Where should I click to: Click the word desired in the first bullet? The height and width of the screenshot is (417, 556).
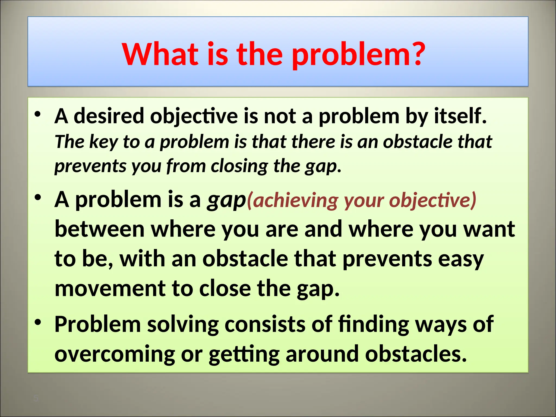(x=109, y=116)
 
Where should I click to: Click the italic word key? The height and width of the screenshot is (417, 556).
(x=103, y=142)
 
